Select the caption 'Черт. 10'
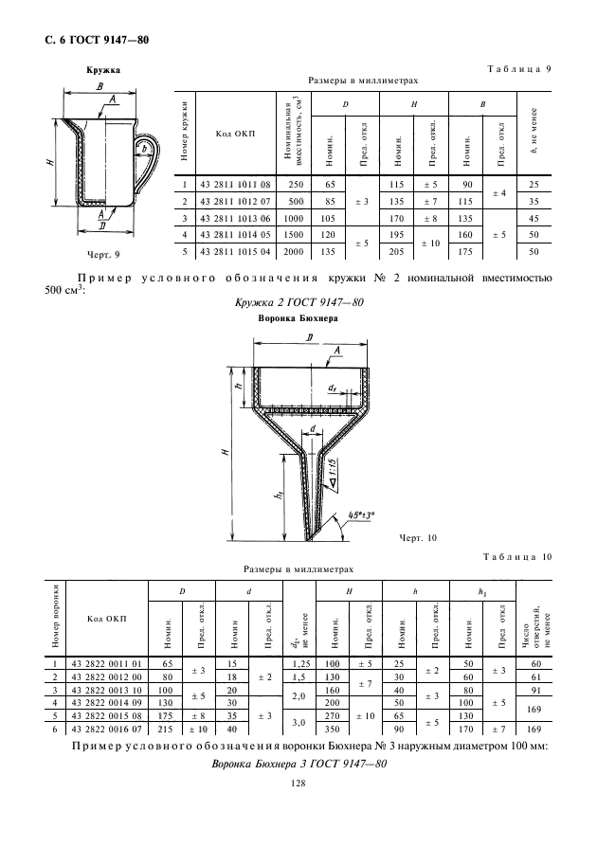(417, 538)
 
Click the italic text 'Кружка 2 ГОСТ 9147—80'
(297, 301)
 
